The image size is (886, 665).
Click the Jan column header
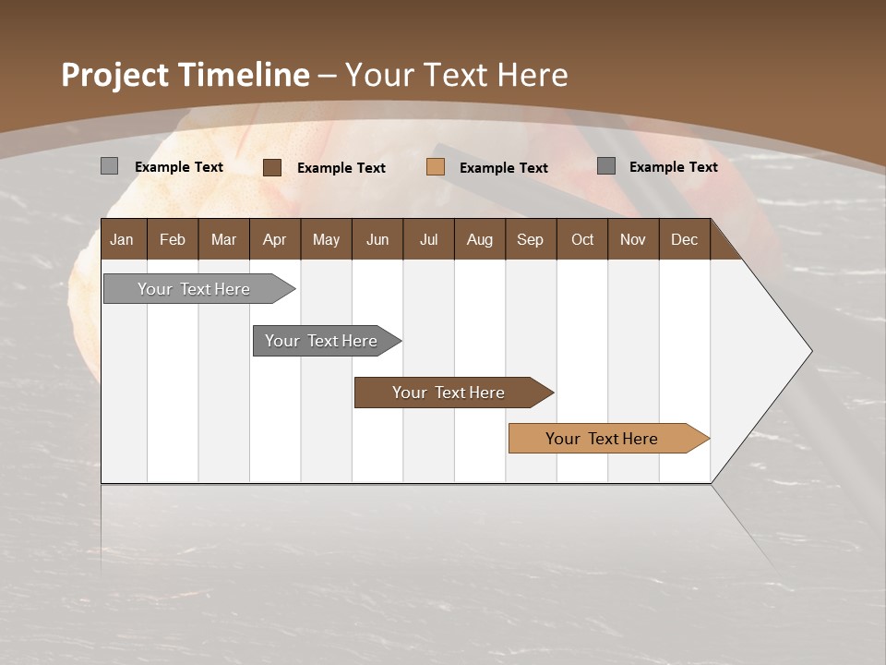click(122, 239)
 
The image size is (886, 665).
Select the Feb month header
click(173, 239)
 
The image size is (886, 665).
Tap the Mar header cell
click(223, 239)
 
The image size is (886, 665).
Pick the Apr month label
click(274, 239)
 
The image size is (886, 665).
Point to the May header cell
click(326, 239)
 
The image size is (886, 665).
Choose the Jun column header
click(377, 239)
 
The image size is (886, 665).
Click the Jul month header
click(428, 239)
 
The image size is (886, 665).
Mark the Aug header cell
click(479, 239)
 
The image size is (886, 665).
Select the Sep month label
click(530, 239)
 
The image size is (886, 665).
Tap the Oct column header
click(582, 239)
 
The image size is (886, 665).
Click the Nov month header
click(633, 239)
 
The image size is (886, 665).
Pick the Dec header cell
click(684, 239)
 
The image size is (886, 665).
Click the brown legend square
click(271, 167)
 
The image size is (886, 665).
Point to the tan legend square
click(436, 167)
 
